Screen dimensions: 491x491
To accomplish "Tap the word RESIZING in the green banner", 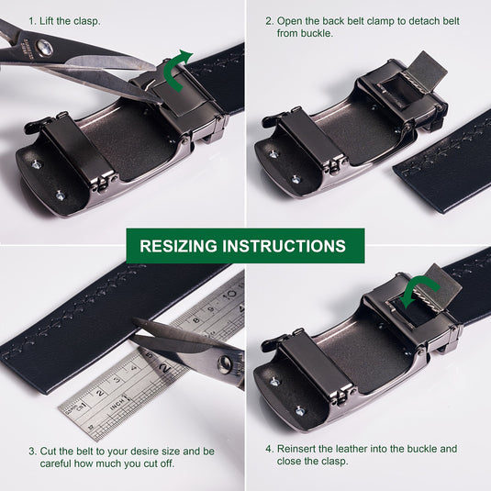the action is [178, 246].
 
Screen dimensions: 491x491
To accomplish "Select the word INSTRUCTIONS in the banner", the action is [284, 246].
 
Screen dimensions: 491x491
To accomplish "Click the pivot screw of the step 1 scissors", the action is [44, 47].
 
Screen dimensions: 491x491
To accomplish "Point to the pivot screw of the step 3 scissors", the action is [225, 364].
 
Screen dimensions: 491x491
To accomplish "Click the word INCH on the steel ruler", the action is [118, 403].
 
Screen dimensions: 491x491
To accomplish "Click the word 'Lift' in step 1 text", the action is [47, 21].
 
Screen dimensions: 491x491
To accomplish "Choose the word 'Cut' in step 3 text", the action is [49, 452].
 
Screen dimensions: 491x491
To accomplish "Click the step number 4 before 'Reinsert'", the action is [270, 449].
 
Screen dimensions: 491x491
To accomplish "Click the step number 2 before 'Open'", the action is [270, 21].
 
